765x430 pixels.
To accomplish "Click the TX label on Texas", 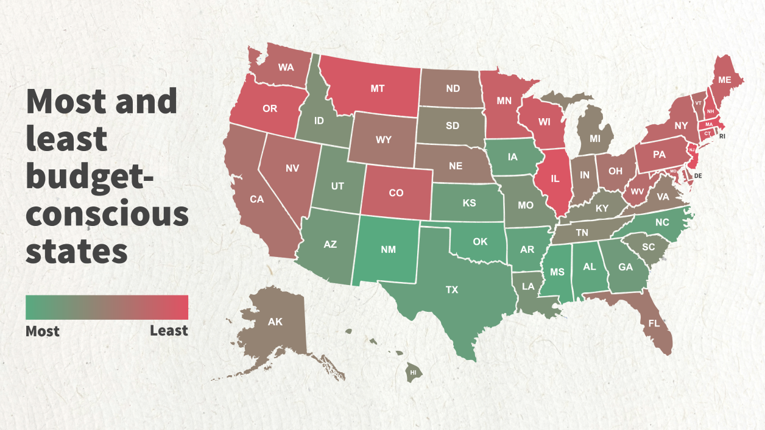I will coord(451,290).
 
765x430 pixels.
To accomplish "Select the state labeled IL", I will coord(555,179).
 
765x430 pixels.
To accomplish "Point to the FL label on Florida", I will coord(654,323).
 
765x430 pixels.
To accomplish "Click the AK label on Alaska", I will coord(275,322).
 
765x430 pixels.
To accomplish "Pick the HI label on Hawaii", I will coord(414,372).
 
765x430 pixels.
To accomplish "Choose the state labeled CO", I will coord(396,193).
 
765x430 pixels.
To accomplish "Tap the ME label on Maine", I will coord(725,80).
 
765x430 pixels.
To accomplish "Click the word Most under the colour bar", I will coord(43,331).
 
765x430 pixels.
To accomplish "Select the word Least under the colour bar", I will coord(169,331).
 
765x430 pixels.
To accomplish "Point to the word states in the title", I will coord(76,251).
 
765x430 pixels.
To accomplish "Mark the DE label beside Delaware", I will coord(699,175).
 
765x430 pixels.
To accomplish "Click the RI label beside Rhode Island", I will coord(722,136).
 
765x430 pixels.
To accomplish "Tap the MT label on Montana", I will coord(378,88).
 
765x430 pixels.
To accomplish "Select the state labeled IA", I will coord(513,157).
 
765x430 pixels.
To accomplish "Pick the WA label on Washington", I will coord(286,67).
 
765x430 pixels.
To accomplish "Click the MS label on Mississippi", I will coord(557,272).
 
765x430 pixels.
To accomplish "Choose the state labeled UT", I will coord(337,186).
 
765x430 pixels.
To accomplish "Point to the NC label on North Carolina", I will coord(662,223).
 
